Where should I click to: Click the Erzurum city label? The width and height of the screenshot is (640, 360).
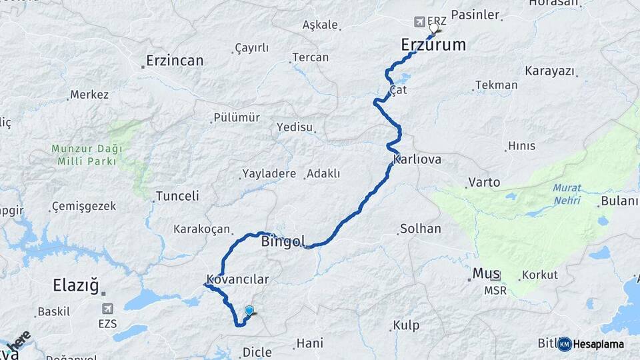coord(433,45)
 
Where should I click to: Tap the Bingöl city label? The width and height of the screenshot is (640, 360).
coord(283,241)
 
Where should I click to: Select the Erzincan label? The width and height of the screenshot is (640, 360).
coord(175,61)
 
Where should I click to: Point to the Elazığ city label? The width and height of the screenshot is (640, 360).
coord(75,287)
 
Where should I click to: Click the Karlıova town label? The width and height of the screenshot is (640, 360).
coord(417,160)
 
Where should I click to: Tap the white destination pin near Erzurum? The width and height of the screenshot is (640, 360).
coord(434,28)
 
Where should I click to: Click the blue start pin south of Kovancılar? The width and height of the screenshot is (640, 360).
coord(249,311)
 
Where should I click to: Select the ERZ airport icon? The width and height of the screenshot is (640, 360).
coord(419,22)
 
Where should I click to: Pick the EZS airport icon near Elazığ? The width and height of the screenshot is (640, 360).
coord(107,309)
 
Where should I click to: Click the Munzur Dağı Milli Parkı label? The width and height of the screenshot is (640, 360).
coord(84,155)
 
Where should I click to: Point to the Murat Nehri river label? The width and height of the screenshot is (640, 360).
coord(567,194)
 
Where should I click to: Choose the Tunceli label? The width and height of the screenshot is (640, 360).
coord(177,197)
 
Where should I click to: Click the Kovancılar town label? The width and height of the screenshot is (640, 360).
coord(237,279)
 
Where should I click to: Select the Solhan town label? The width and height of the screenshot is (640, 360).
coord(420,229)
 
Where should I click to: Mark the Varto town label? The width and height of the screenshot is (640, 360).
coord(484,182)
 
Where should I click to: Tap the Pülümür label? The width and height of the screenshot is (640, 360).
coord(236,117)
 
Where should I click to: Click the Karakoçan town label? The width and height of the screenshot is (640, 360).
coord(201,229)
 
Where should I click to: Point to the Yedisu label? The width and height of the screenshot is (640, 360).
coord(294,127)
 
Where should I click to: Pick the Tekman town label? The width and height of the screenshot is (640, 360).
coord(497,85)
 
